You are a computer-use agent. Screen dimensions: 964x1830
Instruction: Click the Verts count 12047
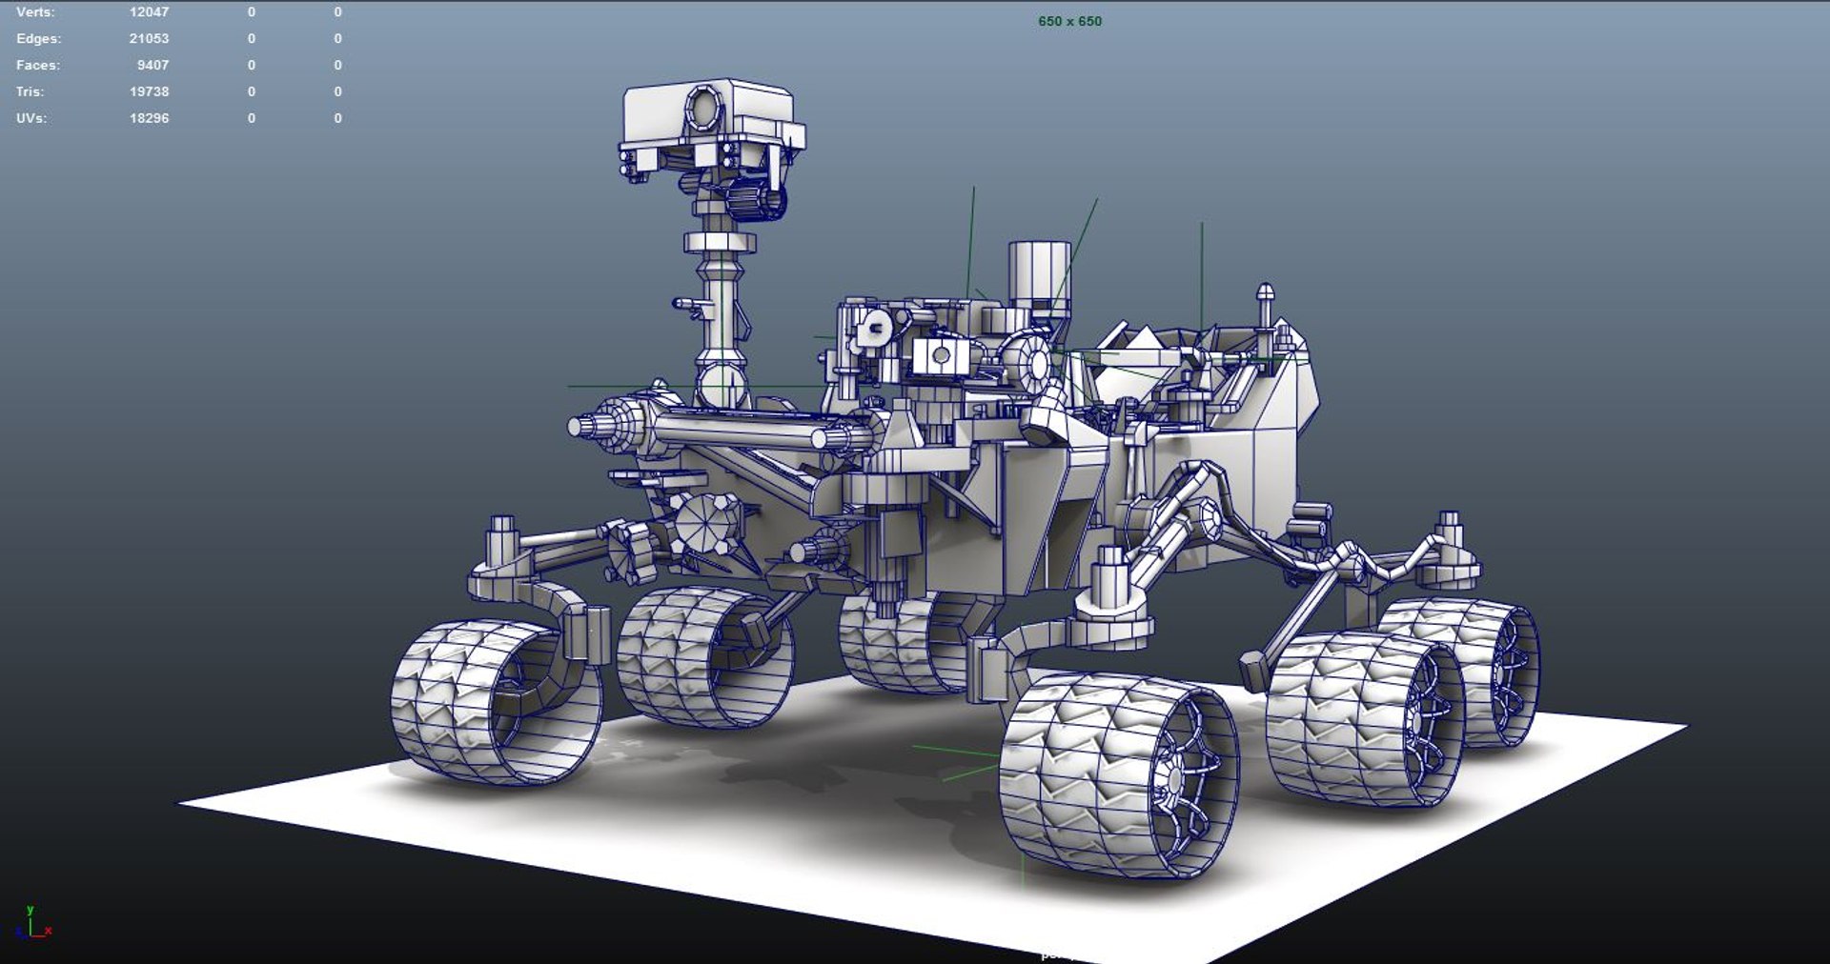pos(149,12)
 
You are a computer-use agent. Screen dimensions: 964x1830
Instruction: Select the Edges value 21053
pos(149,39)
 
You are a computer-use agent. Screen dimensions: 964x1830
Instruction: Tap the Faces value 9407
pos(152,66)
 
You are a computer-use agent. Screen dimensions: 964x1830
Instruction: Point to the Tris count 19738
pos(149,92)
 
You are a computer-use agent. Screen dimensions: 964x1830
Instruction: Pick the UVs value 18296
pos(149,119)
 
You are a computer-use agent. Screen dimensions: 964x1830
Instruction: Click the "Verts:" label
pos(35,12)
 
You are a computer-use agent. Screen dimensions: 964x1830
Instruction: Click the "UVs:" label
pos(30,119)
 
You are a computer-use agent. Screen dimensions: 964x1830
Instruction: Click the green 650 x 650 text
pos(1069,21)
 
